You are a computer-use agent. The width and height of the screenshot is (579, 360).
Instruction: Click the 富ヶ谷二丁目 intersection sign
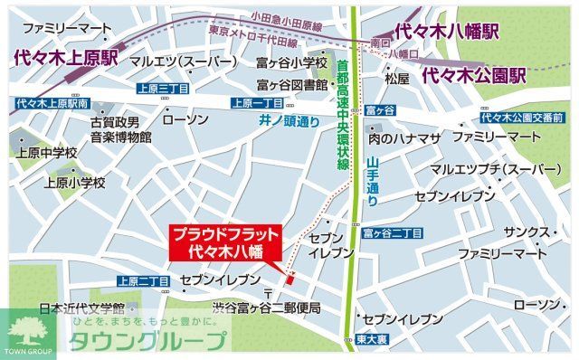tap(393, 233)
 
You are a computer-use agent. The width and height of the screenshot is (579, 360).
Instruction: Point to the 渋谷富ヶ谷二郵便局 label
tap(267, 308)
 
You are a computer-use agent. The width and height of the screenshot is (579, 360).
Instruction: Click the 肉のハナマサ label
tap(403, 137)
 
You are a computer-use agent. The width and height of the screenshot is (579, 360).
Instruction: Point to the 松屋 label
tap(397, 79)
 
